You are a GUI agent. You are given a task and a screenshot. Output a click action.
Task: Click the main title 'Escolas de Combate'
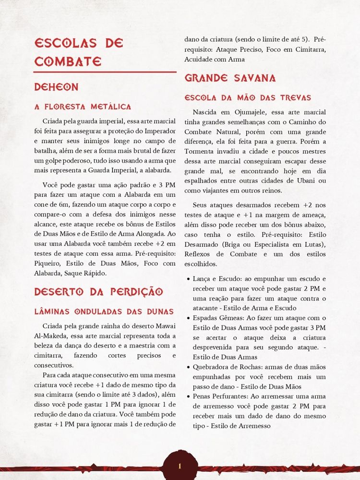tap(79, 52)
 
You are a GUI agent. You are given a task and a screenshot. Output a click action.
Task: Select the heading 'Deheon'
tap(56, 87)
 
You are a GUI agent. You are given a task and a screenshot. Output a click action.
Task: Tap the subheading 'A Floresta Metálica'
tap(83, 107)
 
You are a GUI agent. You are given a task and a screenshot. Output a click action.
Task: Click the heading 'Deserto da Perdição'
tap(98, 292)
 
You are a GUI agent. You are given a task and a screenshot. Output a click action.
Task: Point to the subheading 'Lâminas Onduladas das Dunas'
tap(104, 312)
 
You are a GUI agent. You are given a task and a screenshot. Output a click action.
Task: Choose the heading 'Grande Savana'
tap(230, 78)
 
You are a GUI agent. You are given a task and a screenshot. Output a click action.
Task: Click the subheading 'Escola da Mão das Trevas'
tap(248, 98)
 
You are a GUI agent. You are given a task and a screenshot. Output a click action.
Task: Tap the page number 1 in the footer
tap(180, 466)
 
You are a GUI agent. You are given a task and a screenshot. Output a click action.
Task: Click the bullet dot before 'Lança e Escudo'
tap(187, 279)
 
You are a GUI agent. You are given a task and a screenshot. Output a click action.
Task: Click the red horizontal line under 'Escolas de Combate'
tap(105, 72)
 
